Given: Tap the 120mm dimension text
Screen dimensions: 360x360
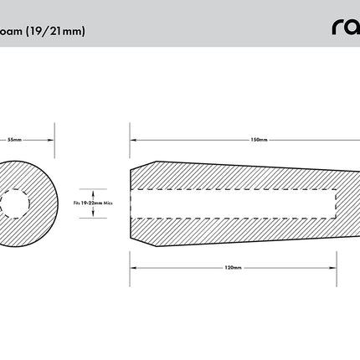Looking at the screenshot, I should point(234,268).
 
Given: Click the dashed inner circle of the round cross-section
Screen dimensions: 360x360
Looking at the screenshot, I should point(14,203).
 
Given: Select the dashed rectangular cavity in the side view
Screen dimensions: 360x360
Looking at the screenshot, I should point(234,203).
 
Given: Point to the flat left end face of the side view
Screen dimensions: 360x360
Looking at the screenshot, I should point(131,203).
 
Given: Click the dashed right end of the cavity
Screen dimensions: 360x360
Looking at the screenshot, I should point(337,203).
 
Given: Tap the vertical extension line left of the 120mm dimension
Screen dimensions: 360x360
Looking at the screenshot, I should point(131,268).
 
